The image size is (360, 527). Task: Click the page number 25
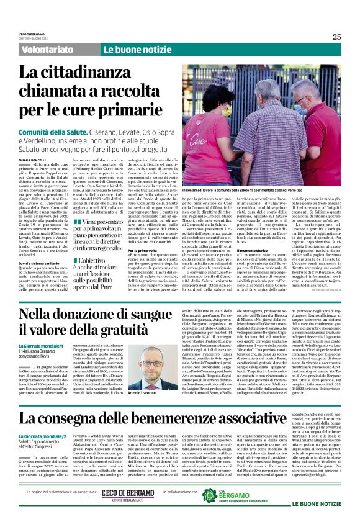(x=336, y=37)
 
